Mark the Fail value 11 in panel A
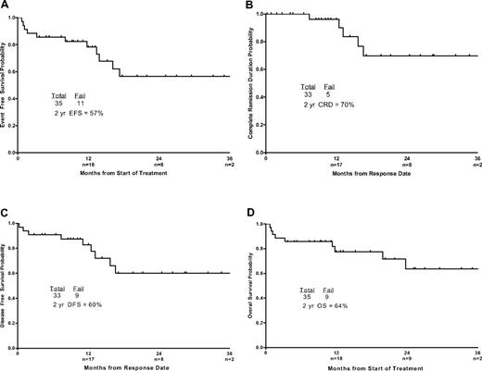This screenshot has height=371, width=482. coord(83,102)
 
